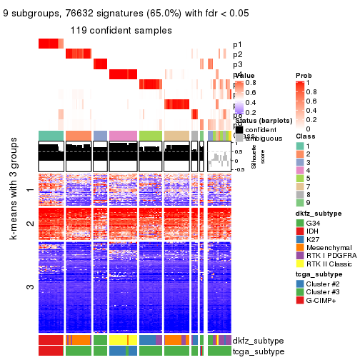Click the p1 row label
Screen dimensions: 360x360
pos(237,44)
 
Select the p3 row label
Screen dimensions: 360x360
pos(237,64)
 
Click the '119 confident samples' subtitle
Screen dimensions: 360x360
pos(121,31)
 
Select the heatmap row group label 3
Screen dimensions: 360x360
pos(29,287)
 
